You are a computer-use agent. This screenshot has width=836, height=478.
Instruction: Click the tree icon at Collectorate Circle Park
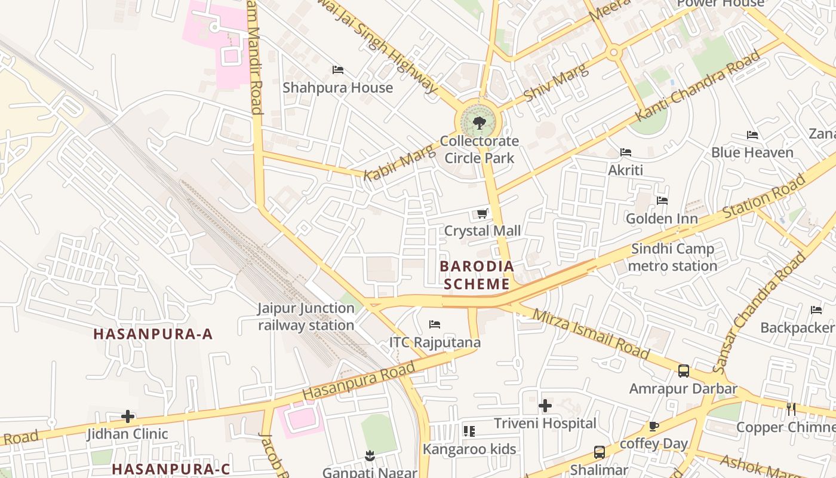tap(478, 123)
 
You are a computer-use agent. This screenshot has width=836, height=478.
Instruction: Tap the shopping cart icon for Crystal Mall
tap(482, 213)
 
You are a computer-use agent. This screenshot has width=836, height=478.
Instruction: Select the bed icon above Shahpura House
tap(338, 70)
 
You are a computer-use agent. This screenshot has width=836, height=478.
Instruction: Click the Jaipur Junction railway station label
tap(306, 317)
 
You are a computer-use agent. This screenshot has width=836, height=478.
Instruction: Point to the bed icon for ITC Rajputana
tap(435, 324)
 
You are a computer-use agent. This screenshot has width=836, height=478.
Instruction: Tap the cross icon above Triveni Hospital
tap(545, 406)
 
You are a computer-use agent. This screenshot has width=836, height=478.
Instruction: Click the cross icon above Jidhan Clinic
tap(128, 416)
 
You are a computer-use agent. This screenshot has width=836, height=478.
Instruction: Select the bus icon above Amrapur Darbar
tap(684, 371)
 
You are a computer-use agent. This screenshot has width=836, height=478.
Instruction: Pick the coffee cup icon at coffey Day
tap(654, 427)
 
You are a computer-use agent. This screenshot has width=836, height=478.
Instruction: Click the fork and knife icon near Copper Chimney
tap(791, 409)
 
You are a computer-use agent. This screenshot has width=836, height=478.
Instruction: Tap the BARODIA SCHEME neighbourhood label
tap(477, 275)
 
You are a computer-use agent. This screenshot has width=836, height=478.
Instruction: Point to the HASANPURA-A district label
tap(153, 334)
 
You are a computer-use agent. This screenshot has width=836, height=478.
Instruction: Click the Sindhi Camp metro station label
tap(672, 258)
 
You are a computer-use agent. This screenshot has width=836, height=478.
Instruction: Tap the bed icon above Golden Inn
tap(662, 201)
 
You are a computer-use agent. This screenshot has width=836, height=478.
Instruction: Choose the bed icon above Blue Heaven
tap(752, 135)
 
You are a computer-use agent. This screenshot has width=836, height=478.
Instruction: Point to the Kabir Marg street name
tap(391, 164)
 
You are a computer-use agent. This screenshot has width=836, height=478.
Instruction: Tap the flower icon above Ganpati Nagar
tap(370, 456)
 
